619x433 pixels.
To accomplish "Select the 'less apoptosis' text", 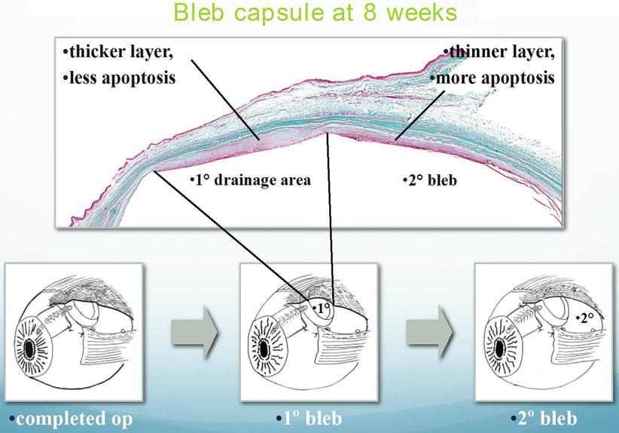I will pyautogui.click(x=120, y=77).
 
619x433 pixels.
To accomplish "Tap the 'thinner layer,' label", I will pyautogui.click(x=499, y=52).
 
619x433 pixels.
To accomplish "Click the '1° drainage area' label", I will pyautogui.click(x=249, y=180).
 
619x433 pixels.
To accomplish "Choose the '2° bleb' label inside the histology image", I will pyautogui.click(x=427, y=180).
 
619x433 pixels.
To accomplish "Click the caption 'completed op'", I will pyautogui.click(x=71, y=418).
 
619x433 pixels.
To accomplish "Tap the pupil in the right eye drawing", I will pyautogui.click(x=500, y=350).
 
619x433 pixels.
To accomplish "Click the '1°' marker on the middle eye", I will pyautogui.click(x=322, y=309).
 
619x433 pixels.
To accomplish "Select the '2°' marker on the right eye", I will pyautogui.click(x=586, y=318).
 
